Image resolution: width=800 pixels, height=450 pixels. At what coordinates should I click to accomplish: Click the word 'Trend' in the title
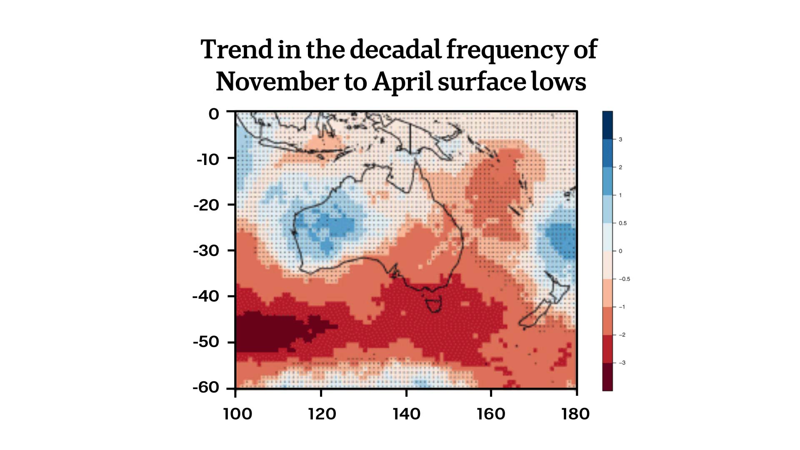[x=236, y=50]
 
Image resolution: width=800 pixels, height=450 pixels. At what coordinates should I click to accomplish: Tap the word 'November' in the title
[x=277, y=82]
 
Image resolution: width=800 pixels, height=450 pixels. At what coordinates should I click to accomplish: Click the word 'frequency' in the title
[x=506, y=50]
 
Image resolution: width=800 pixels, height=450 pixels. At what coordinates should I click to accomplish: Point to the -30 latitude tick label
[x=206, y=251]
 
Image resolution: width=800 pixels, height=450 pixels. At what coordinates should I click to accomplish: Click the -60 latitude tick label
[x=206, y=387]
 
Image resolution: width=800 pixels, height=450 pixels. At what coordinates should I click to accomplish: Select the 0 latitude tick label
[x=214, y=114]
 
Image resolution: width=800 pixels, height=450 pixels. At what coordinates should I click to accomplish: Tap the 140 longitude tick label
[x=406, y=414]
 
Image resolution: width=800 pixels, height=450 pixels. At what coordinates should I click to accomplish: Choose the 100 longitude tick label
[x=237, y=414]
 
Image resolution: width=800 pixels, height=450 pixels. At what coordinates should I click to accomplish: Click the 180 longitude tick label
[x=575, y=414]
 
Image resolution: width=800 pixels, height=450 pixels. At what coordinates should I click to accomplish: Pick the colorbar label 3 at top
[x=620, y=140]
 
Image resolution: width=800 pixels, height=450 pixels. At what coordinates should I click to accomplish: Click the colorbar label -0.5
[x=624, y=279]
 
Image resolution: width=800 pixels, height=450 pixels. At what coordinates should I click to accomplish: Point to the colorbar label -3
[x=622, y=363]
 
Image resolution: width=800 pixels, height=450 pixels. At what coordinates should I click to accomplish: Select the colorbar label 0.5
[x=622, y=223]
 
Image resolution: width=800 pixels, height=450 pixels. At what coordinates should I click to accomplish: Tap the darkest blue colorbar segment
[x=607, y=125]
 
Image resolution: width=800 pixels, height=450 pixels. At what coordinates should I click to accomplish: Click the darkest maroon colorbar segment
[x=607, y=377]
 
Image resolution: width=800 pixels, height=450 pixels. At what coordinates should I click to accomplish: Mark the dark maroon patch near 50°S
[x=267, y=333]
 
